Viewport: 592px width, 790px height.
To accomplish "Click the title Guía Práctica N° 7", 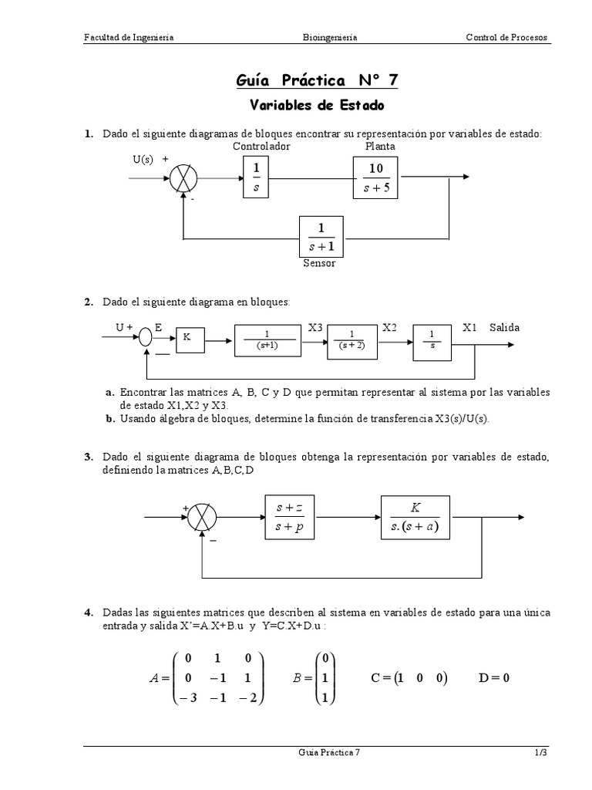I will click(317, 81).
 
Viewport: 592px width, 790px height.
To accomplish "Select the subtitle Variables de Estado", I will click(317, 104).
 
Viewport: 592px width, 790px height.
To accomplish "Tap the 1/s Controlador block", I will click(257, 177).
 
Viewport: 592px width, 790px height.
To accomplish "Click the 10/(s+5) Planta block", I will click(377, 177).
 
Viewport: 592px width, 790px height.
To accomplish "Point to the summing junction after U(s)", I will click(183, 178).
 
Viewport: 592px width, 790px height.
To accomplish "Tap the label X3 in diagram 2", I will click(315, 327).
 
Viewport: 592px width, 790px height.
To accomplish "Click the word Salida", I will click(504, 327).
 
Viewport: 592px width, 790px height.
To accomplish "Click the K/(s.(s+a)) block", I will click(415, 517).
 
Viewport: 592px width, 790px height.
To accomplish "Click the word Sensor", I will click(320, 263).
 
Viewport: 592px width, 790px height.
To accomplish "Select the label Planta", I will click(380, 146).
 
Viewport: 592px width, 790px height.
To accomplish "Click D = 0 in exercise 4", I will click(494, 678).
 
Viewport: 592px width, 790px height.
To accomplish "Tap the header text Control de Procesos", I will click(508, 37).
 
